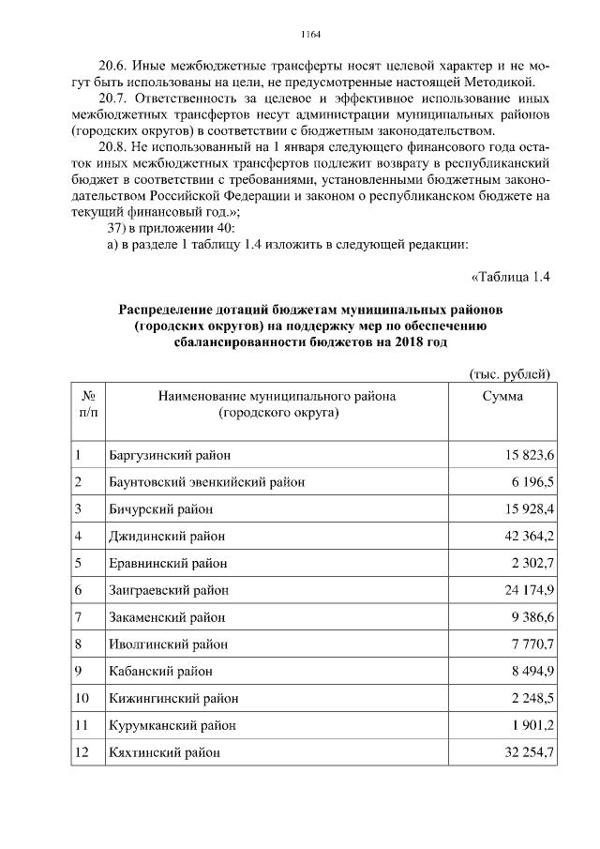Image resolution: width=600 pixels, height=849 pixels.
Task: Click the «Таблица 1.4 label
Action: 508,277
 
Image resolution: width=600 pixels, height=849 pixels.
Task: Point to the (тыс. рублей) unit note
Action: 508,374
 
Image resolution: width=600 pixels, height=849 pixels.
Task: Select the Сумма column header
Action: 502,397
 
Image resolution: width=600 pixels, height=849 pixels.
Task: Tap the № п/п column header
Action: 87,404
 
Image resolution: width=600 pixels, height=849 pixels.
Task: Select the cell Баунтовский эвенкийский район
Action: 206,483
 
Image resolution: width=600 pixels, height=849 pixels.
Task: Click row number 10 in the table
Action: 82,699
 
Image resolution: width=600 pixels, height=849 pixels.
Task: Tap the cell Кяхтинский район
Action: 164,753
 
